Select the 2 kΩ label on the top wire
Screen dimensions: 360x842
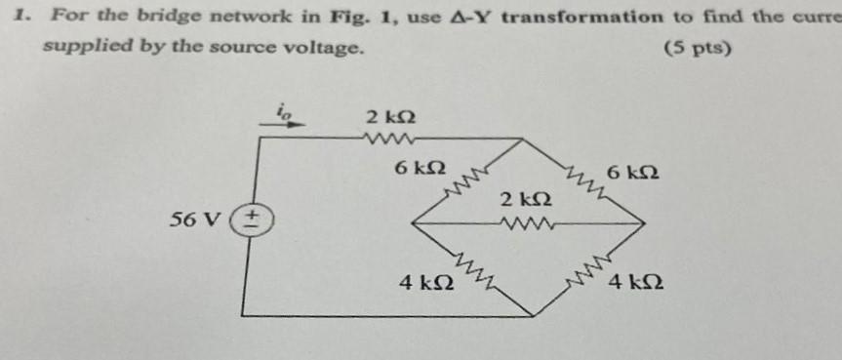(389, 117)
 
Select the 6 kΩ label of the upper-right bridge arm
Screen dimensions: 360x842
(632, 173)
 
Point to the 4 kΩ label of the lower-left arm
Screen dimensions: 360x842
(426, 283)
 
